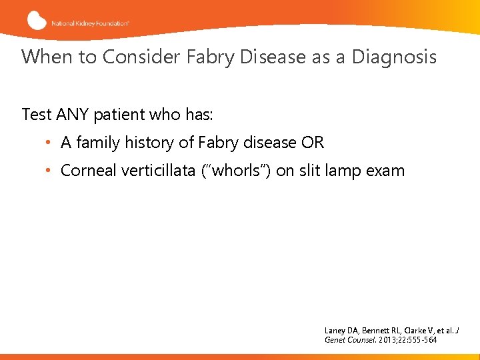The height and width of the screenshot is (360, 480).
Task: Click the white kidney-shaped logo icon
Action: tap(37, 20)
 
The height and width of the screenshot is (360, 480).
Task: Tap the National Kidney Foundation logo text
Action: tap(89, 22)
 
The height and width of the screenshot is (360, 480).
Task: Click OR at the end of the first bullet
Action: tap(313, 143)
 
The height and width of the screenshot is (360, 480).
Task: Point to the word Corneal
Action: tap(89, 171)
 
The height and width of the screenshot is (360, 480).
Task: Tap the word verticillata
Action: tap(163, 171)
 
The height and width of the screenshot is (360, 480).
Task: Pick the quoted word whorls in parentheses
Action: tap(240, 171)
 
